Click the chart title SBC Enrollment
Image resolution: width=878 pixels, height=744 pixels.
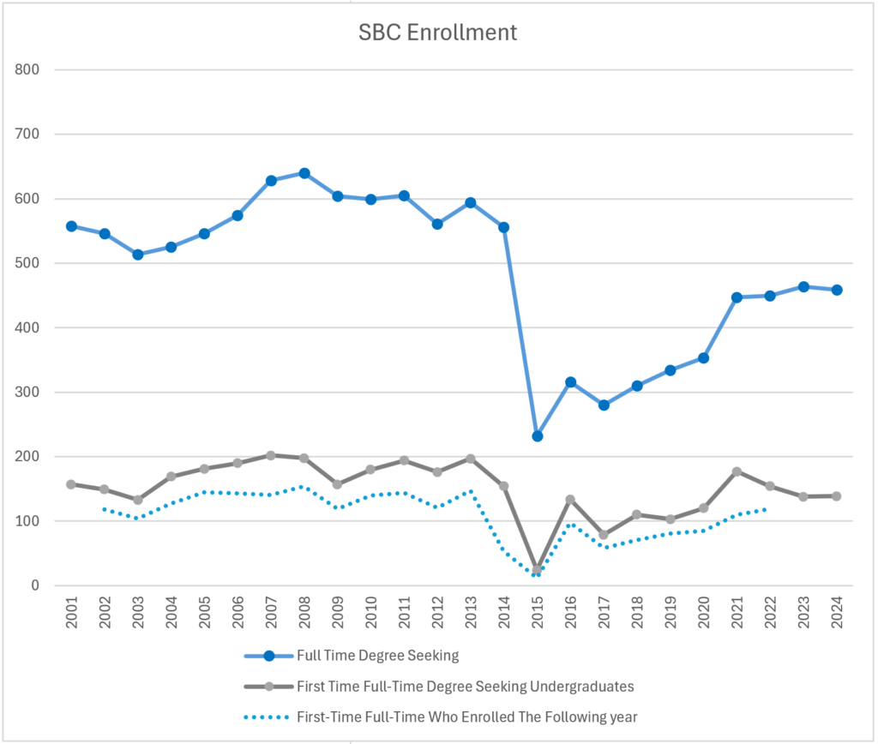click(x=437, y=33)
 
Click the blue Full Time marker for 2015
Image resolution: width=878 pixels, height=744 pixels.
click(x=538, y=436)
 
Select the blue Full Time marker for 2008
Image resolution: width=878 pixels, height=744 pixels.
click(x=304, y=173)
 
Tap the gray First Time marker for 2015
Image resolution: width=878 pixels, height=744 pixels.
click(x=538, y=570)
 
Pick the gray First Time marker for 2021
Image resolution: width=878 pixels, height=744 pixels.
click(x=737, y=471)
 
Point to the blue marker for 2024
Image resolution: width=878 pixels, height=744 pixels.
click(x=837, y=290)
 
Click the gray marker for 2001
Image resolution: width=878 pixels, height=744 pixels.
click(x=71, y=484)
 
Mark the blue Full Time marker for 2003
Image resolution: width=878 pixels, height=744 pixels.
click(x=138, y=255)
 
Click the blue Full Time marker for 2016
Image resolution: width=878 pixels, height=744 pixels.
click(x=570, y=382)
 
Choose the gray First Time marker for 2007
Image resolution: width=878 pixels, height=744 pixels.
click(x=271, y=455)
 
